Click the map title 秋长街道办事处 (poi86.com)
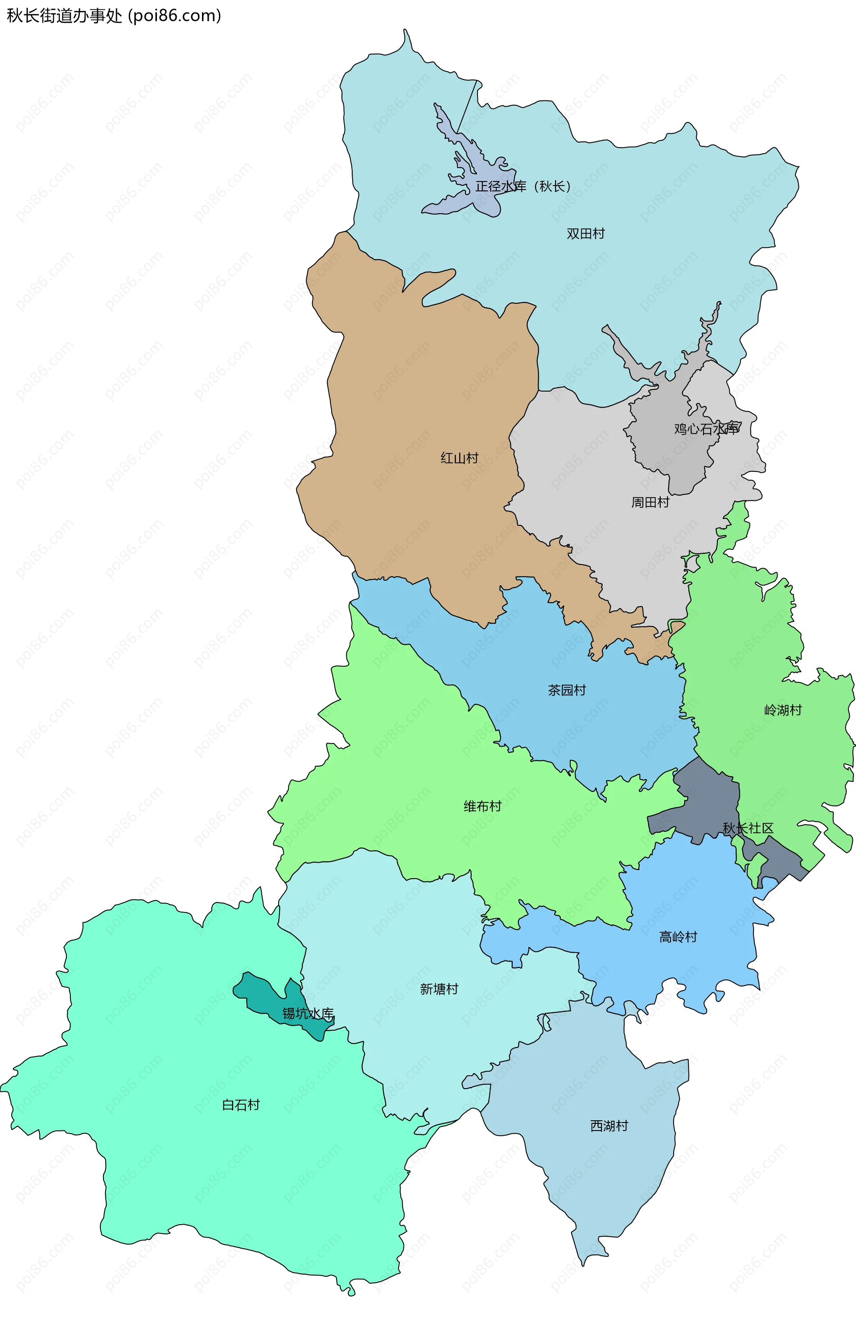(x=114, y=16)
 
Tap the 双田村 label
(x=585, y=234)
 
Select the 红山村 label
(x=459, y=458)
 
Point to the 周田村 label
(x=650, y=503)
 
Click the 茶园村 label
(x=567, y=690)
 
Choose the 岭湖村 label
(x=782, y=710)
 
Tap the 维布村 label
(x=482, y=806)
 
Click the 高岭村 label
(x=678, y=937)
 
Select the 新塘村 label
(x=439, y=989)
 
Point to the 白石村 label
(x=241, y=1105)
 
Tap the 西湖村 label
(x=609, y=1126)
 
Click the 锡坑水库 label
(x=308, y=1014)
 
